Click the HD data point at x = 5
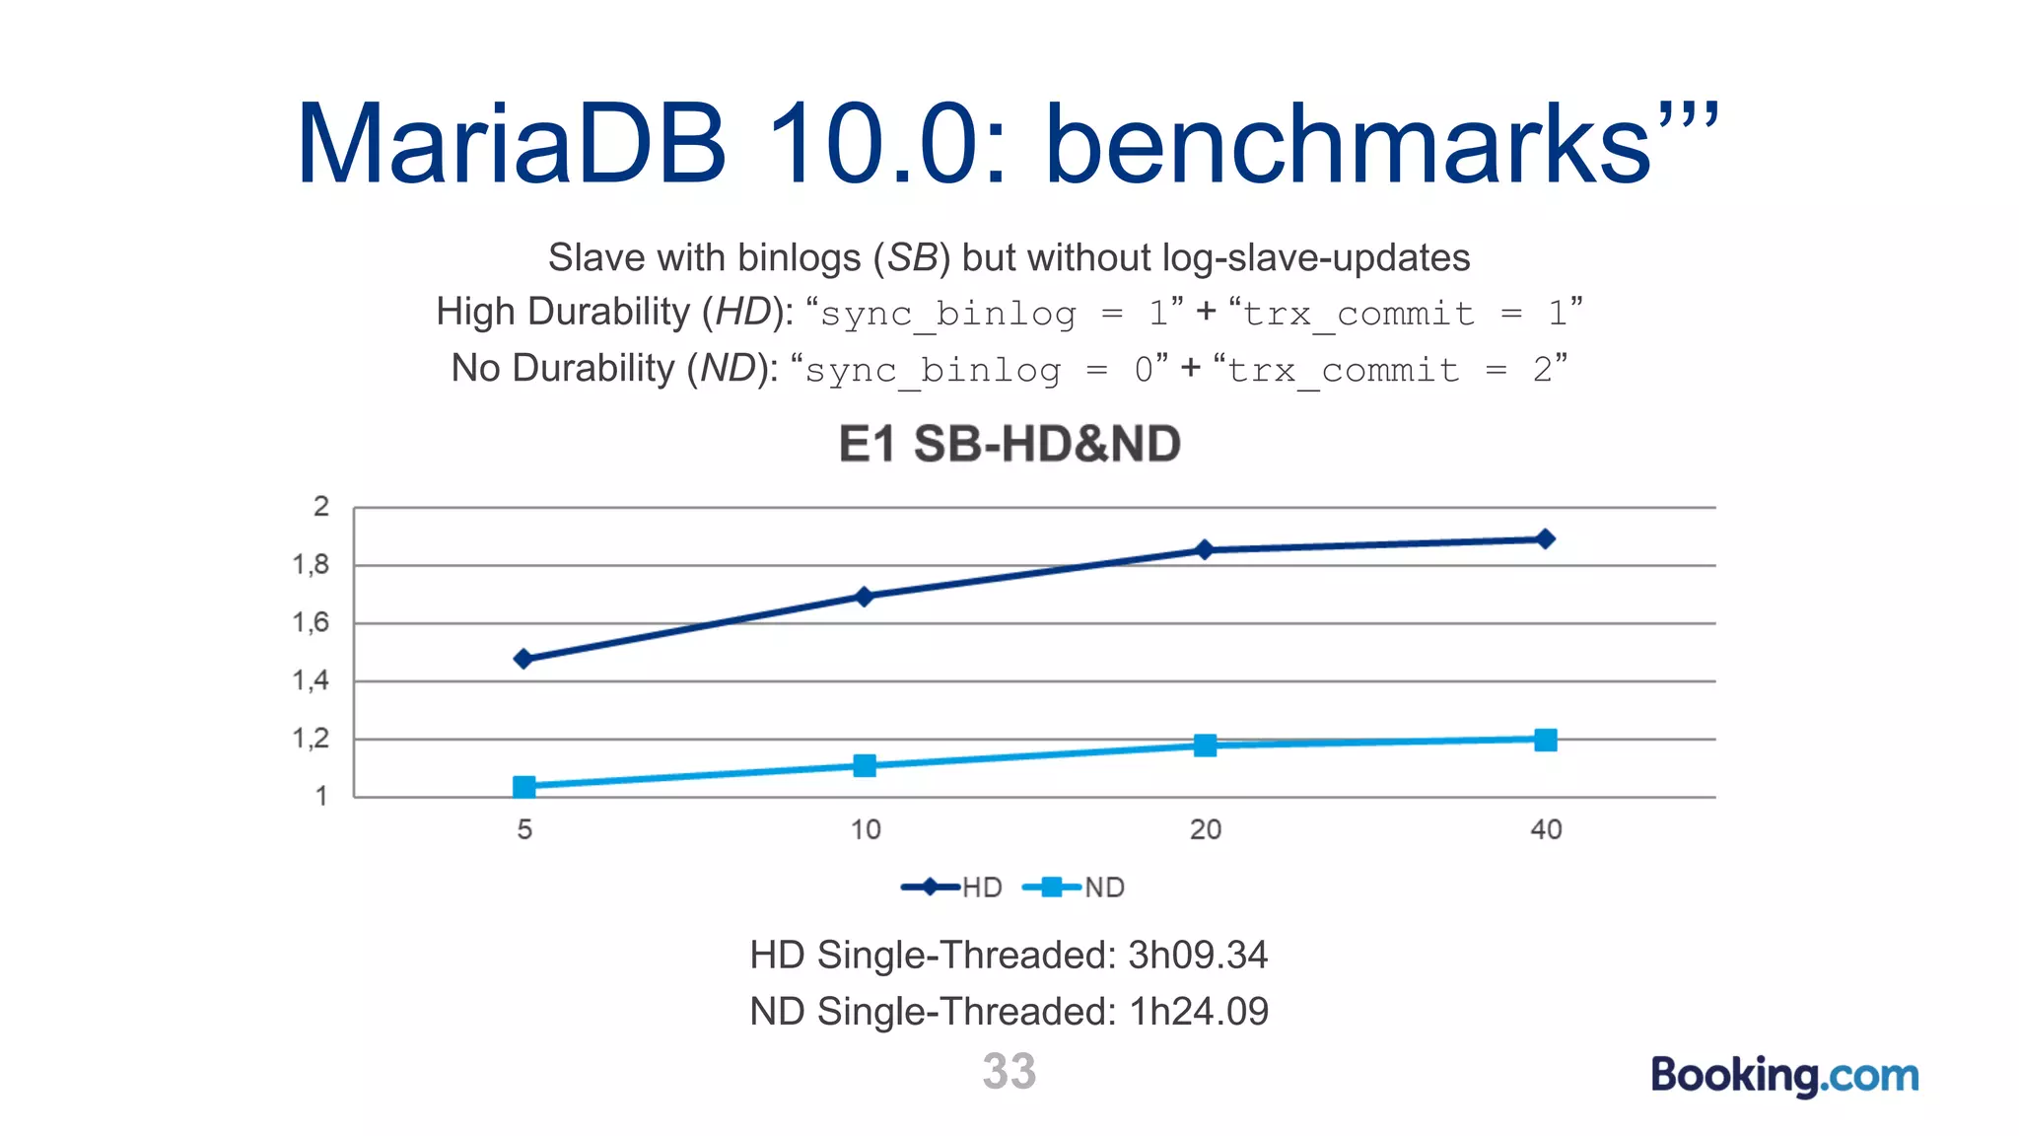[524, 659]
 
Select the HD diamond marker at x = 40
[1545, 539]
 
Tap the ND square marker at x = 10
[865, 766]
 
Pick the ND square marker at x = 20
[1205, 745]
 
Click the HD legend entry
[952, 887]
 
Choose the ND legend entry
[1075, 887]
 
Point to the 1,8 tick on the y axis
[312, 565]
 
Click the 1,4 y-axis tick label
[312, 680]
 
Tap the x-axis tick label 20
[1205, 829]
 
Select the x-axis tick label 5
[524, 829]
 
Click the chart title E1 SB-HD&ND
[1009, 444]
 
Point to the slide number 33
[1009, 1071]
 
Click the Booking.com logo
[1784, 1075]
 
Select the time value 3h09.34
[1198, 955]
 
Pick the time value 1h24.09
[1199, 1012]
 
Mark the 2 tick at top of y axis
[321, 507]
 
